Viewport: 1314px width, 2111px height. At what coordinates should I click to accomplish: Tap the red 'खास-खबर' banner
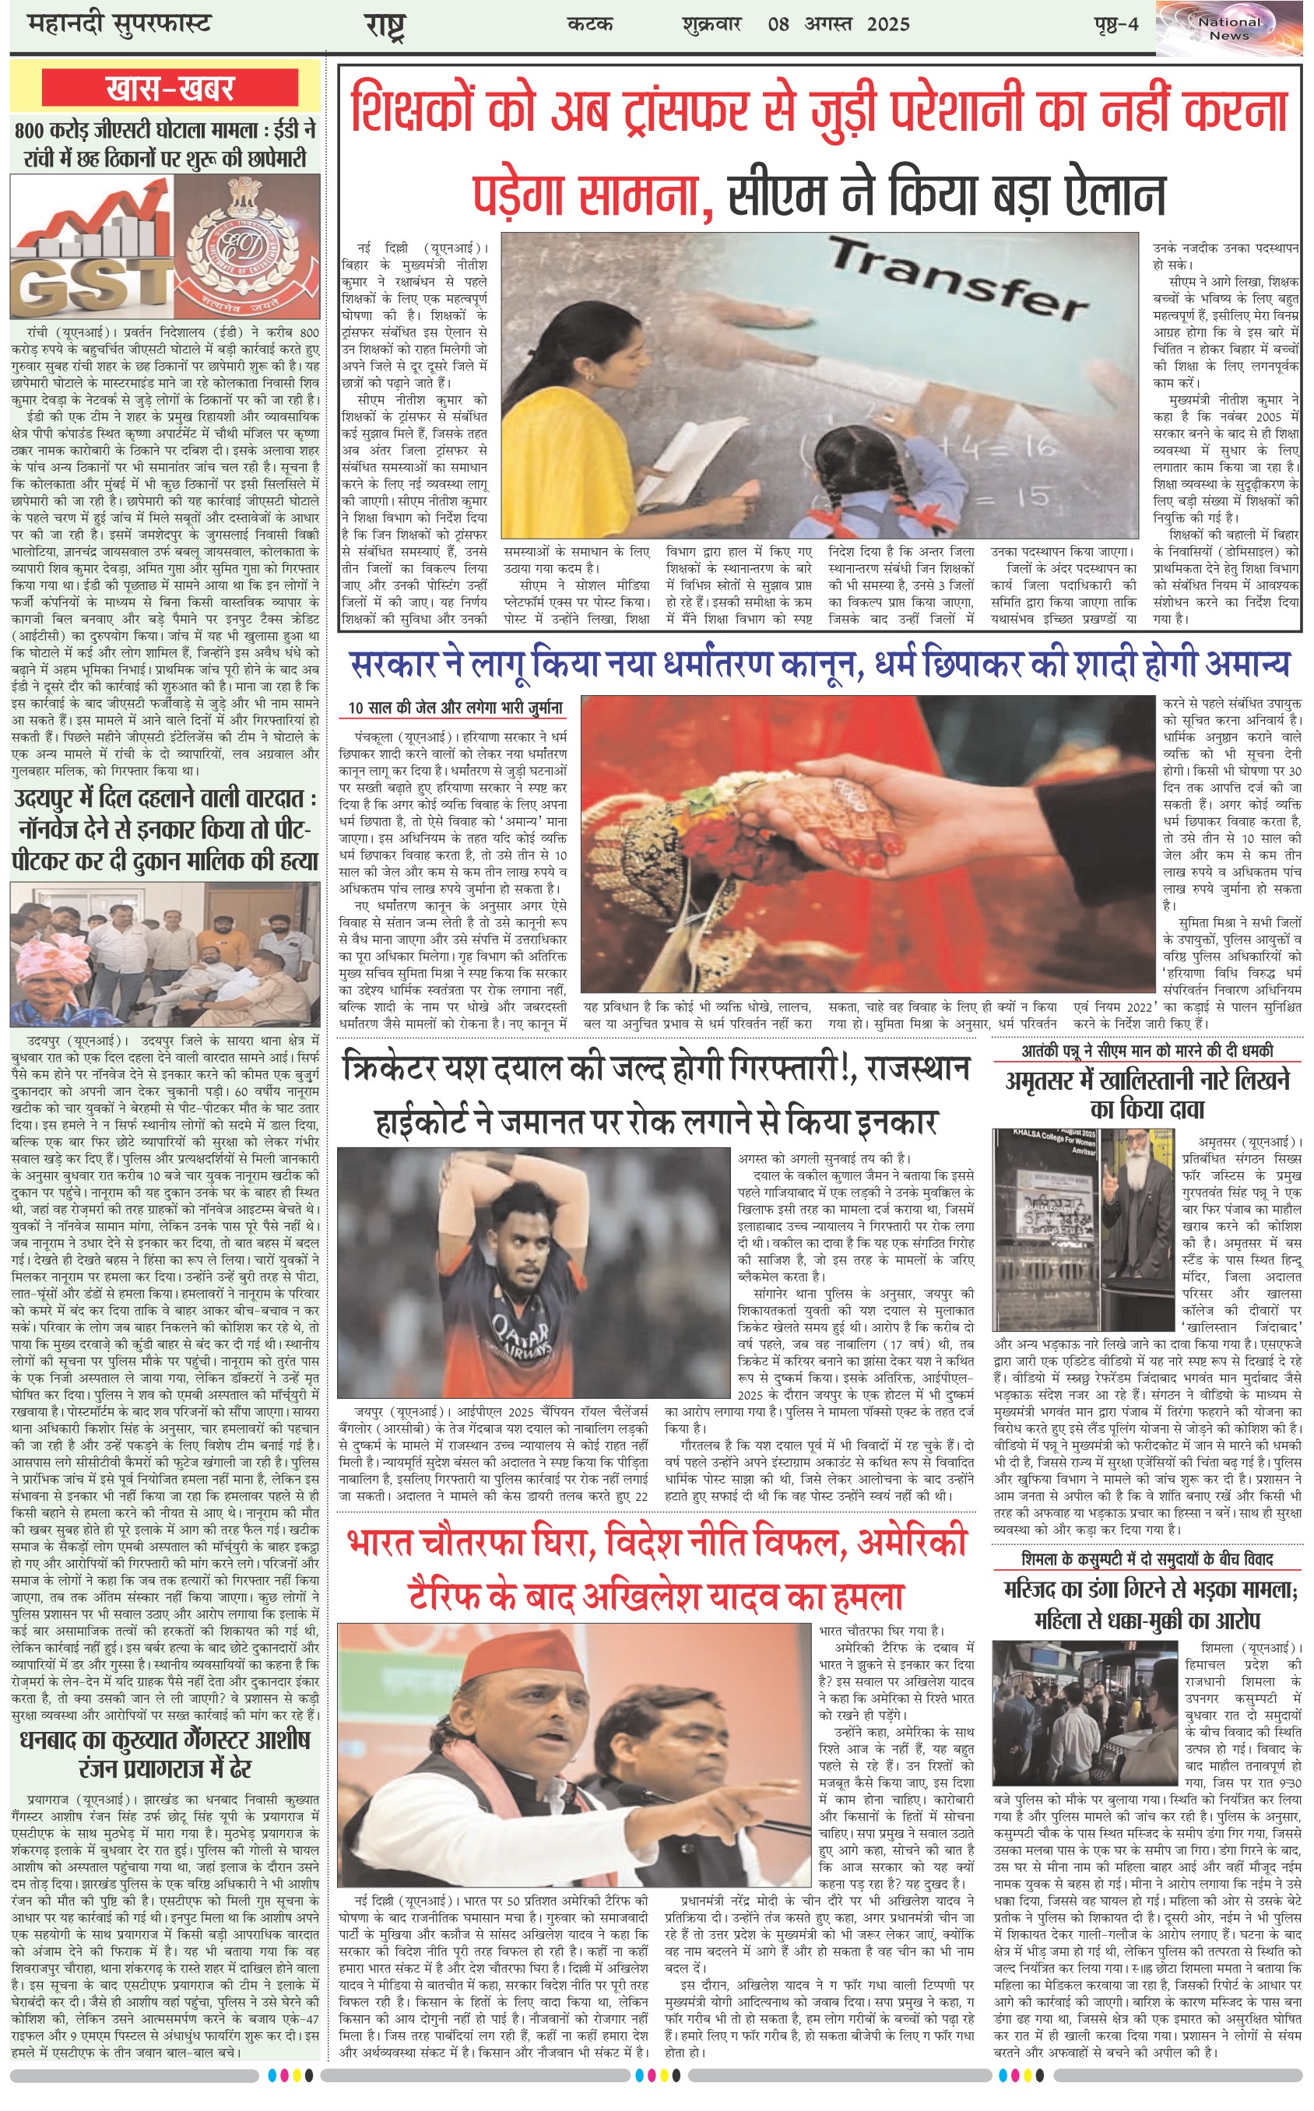tap(170, 89)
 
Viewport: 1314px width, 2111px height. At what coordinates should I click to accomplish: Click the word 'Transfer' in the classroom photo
tap(956, 277)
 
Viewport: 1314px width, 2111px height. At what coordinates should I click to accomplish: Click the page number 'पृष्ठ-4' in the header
tap(1115, 24)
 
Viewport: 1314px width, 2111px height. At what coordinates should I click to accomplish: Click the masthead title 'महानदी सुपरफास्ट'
tap(120, 24)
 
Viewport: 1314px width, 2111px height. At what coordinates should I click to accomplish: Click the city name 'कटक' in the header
tap(590, 24)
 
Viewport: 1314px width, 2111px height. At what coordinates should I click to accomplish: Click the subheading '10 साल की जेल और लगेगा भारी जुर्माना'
tap(455, 708)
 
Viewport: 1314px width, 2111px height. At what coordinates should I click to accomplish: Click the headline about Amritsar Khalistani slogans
tap(1147, 1094)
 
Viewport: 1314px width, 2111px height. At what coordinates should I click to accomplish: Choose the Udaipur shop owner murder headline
tap(165, 829)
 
